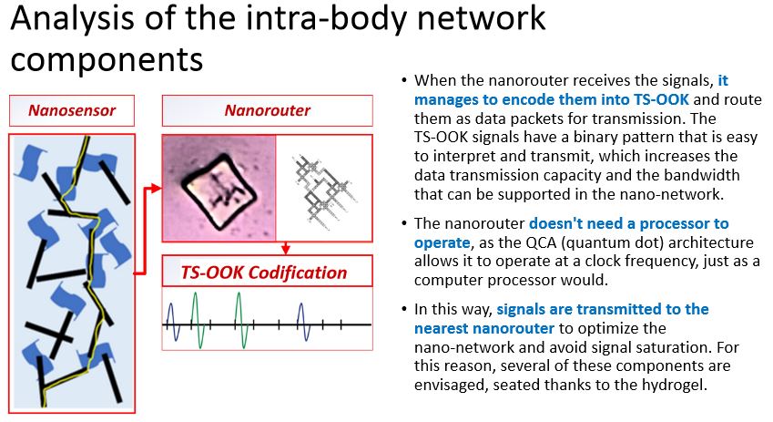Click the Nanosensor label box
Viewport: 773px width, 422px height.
[72, 110]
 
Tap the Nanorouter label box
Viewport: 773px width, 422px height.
[267, 110]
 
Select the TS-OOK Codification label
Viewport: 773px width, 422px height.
[264, 273]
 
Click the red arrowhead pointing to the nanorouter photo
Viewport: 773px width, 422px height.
[156, 188]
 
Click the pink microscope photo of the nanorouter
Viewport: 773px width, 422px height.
[219, 188]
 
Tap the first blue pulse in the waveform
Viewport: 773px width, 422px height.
[171, 323]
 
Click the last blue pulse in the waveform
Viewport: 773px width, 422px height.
[304, 323]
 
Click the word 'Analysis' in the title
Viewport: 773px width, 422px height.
[72, 19]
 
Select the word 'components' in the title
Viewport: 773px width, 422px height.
[107, 60]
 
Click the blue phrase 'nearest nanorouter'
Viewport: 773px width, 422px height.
[484, 328]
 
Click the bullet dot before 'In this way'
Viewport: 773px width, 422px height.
[404, 310]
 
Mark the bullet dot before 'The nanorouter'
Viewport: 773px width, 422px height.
[404, 223]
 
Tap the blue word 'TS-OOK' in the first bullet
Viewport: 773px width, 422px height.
[661, 99]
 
